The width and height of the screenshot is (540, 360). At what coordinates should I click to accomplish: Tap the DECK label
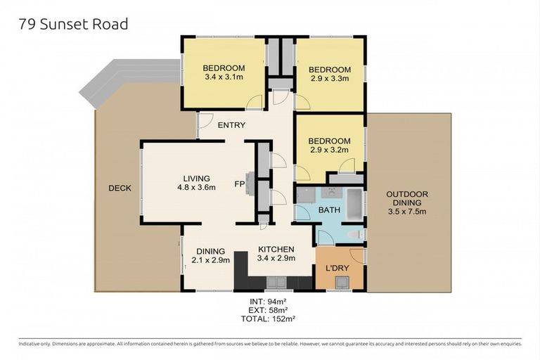click(x=120, y=188)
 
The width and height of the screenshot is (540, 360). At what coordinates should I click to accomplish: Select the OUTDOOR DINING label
click(x=407, y=202)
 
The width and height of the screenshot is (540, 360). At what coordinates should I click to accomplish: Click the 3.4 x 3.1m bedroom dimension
click(x=222, y=77)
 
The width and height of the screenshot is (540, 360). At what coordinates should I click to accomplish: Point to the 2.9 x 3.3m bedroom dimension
click(x=329, y=79)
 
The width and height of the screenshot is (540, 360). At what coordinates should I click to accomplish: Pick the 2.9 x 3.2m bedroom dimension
click(x=329, y=150)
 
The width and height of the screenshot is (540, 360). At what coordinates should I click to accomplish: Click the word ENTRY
click(x=231, y=125)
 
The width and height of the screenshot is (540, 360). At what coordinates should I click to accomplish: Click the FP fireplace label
click(x=239, y=186)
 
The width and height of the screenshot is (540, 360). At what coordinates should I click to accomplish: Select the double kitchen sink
click(x=276, y=282)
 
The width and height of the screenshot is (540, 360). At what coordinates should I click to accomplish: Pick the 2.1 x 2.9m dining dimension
click(x=210, y=260)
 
